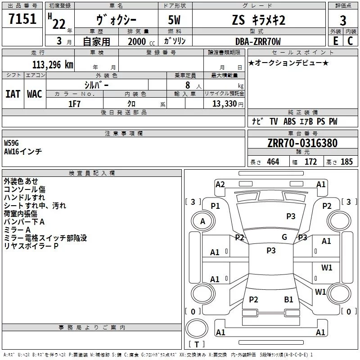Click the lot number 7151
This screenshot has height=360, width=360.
coord(22,19)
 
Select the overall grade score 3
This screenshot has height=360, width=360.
coord(343,20)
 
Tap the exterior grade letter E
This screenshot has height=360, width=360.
coord(336,41)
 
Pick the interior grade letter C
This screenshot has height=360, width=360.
coord(350,41)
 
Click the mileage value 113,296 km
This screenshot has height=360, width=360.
coord(53,65)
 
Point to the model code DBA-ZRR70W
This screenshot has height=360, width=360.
coord(258,41)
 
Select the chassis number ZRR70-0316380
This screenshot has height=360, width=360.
coord(302,143)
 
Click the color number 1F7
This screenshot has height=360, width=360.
coord(75,104)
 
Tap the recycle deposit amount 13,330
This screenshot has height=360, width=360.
coord(225,104)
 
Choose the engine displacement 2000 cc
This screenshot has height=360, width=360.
coord(141,41)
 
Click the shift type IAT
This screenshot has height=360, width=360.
coord(13,94)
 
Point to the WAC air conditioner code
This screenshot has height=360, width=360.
coord(35,94)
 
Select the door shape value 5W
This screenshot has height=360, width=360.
coord(174,20)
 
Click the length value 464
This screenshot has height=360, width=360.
coord(273,162)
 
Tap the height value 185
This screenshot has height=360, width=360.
coord(346,162)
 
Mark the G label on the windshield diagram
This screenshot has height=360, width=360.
coord(284,237)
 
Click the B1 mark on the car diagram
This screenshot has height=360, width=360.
coord(288,300)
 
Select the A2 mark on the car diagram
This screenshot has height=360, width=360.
coord(220,184)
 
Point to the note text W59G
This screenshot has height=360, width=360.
coord(11,143)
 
